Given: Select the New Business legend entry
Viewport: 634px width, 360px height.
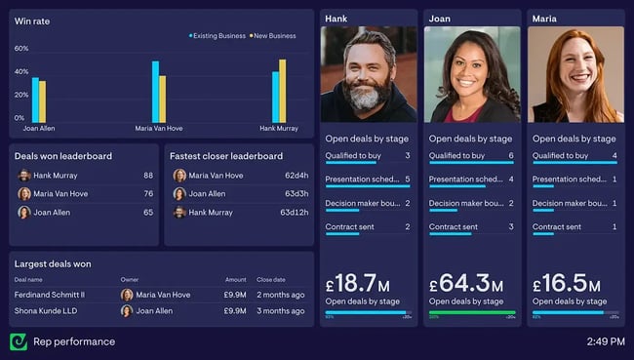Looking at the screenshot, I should pyautogui.click(x=274, y=36).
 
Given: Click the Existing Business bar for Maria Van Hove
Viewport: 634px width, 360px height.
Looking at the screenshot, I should pyautogui.click(x=155, y=92).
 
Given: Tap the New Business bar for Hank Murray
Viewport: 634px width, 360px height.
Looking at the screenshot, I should pyautogui.click(x=283, y=90).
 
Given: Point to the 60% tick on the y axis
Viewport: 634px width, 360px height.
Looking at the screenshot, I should pyautogui.click(x=21, y=48).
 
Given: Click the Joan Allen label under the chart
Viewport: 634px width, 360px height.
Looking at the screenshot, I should pyautogui.click(x=39, y=128).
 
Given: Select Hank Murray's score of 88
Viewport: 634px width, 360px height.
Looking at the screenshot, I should pyautogui.click(x=148, y=176).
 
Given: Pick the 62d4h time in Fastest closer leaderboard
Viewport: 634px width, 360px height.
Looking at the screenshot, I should pyautogui.click(x=297, y=176).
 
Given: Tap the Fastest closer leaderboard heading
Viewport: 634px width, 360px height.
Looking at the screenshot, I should pyautogui.click(x=226, y=155).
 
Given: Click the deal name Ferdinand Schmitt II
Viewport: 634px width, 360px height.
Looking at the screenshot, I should pyautogui.click(x=50, y=295).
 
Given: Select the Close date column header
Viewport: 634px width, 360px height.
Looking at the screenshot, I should pyautogui.click(x=271, y=279).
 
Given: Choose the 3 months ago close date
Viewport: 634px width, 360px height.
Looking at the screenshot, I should pyautogui.click(x=281, y=311).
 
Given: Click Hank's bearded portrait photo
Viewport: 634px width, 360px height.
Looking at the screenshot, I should pyautogui.click(x=370, y=73).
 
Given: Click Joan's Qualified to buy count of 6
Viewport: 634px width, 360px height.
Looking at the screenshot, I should pyautogui.click(x=511, y=156).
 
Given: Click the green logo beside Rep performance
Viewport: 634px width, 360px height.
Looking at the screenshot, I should pyautogui.click(x=18, y=341).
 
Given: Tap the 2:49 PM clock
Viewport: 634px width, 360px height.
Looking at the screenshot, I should pyautogui.click(x=606, y=341).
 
